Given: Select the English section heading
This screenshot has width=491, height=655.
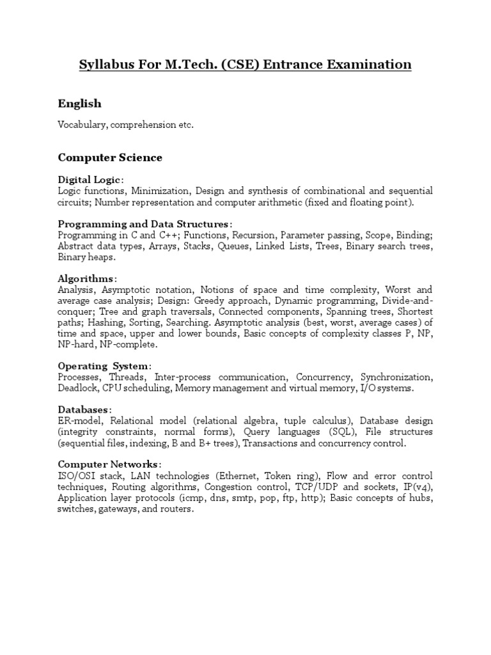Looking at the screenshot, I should click(79, 104).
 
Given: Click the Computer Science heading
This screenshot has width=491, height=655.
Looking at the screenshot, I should click(110, 157).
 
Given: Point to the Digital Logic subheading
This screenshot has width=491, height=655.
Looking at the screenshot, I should click(89, 180).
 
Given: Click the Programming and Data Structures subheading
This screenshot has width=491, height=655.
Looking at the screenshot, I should click(143, 224).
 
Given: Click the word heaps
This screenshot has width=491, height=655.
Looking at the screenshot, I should click(102, 257).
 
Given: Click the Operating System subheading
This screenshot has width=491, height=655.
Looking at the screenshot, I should click(104, 366).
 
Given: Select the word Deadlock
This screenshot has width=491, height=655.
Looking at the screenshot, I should click(77, 388).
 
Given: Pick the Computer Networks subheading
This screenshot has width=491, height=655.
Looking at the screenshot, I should click(108, 464).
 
